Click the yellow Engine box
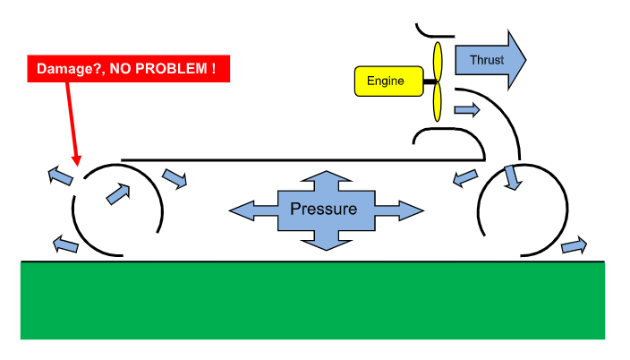click(x=386, y=81)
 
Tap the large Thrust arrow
click(x=489, y=60)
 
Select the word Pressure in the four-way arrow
click(x=323, y=210)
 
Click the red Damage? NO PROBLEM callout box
click(x=128, y=68)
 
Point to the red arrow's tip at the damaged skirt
click(x=78, y=165)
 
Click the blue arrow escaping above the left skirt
click(x=61, y=174)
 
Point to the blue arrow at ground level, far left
click(x=66, y=242)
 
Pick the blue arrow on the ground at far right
click(x=574, y=244)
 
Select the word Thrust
click(x=486, y=60)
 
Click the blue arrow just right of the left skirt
click(x=175, y=178)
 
